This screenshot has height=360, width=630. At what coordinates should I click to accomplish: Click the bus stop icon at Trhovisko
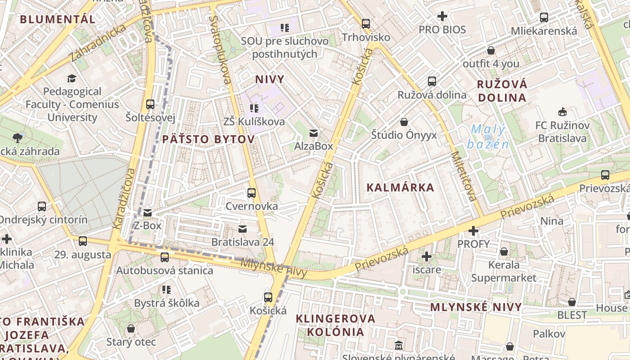click(x=366, y=23)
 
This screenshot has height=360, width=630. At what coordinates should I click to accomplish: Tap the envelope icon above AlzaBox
click(x=314, y=133)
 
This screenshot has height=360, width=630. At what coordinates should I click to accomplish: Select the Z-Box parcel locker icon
click(x=148, y=213)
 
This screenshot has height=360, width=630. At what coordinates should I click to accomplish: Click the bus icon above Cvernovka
click(x=252, y=193)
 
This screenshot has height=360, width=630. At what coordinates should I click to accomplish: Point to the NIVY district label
click(x=270, y=80)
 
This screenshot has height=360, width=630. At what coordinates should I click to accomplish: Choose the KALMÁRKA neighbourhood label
click(x=400, y=188)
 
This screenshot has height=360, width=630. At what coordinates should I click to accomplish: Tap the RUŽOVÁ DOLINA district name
click(x=502, y=91)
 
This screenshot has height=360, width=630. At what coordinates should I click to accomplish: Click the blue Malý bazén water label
click(x=488, y=137)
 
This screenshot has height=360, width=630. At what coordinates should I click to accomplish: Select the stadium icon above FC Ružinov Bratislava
click(x=562, y=112)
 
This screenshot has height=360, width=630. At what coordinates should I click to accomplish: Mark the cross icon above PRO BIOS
click(x=442, y=17)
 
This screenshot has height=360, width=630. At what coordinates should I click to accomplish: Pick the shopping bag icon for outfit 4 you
click(x=491, y=50)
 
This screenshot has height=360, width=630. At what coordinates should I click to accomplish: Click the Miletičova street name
click(x=463, y=176)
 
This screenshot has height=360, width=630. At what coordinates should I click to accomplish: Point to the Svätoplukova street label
click(x=221, y=50)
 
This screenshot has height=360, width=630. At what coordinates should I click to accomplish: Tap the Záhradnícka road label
click(x=98, y=43)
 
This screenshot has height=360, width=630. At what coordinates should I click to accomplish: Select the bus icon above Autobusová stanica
click(x=165, y=257)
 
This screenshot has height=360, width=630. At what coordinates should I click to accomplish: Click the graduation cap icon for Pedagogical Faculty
click(x=72, y=79)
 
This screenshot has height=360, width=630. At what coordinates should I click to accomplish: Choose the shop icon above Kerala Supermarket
click(x=504, y=252)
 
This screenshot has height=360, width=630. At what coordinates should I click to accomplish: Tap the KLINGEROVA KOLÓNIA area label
click(x=335, y=325)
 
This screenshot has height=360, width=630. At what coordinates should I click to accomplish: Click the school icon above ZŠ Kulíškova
click(x=254, y=108)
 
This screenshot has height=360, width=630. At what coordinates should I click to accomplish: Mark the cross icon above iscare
click(x=427, y=257)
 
